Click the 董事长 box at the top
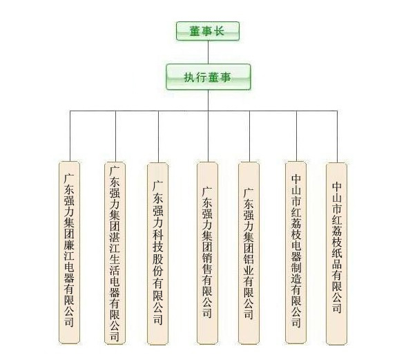coord(208,31)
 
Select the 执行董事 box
coord(209,77)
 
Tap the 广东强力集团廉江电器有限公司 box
coord(69,252)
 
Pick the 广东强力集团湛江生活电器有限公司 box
coord(115,253)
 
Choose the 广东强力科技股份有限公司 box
coord(157,254)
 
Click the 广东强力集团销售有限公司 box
coord(207,253)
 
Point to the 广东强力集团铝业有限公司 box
coord(249,253)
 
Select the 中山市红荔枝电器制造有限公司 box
coord(296,252)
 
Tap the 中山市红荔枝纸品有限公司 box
coord(336,254)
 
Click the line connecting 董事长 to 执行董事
coord(208,53)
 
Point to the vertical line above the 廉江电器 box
coord(70,136)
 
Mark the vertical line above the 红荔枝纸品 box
coord(337,137)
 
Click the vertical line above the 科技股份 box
coord(159,137)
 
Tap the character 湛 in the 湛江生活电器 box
coord(115,236)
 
